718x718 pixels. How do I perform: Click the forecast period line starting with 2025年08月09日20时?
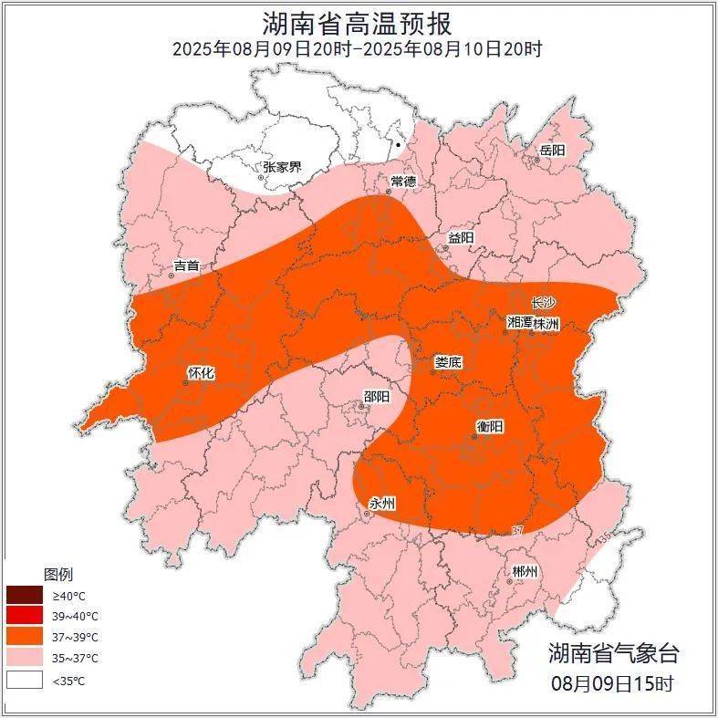358,49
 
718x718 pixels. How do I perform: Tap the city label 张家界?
282,167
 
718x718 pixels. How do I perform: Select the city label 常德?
403,181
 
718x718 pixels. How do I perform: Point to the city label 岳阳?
552,150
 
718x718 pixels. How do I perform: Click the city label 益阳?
460,237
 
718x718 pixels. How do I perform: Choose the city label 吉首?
186,266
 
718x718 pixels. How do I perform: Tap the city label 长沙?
544,303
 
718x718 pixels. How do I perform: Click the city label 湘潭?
520,323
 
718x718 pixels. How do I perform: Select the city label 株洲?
546,323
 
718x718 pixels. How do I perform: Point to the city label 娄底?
448,362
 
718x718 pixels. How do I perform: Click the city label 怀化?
201,373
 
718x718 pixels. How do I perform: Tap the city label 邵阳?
376,397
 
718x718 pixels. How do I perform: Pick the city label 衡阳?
489,426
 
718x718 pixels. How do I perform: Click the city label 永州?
382,505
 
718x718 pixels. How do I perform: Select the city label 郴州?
525,572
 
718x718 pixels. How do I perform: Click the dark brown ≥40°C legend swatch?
25,596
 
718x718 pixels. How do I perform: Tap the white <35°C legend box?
25,680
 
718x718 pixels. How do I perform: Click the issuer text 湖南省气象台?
613,653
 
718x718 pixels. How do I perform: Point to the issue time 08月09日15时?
612,683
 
